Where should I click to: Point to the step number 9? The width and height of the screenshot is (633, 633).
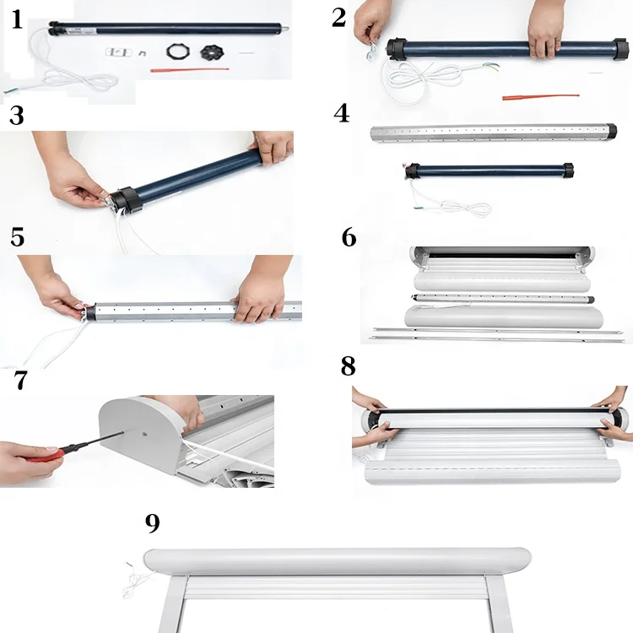tap(152, 523)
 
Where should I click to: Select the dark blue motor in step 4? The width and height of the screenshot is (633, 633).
tap(490, 170)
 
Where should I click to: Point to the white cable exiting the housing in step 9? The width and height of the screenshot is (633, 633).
tap(135, 574)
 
